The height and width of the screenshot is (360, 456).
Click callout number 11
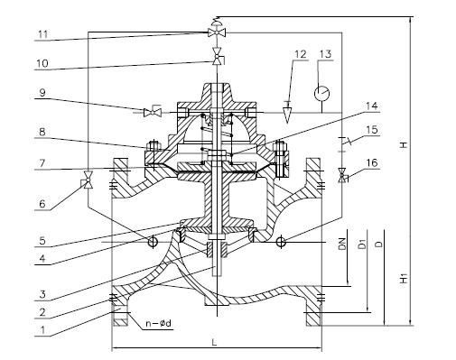[x=43, y=34]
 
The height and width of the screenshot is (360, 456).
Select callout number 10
[x=42, y=63]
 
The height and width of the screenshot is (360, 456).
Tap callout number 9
[x=42, y=92]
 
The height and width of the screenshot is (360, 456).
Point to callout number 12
[x=300, y=54]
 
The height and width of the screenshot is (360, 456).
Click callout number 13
[x=325, y=54]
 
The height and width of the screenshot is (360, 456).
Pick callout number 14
[x=372, y=106]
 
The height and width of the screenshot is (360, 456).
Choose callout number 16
[x=372, y=162]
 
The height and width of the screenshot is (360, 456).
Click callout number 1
[x=43, y=330]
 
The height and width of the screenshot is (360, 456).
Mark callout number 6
[x=42, y=204]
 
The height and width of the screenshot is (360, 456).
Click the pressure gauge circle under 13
[x=321, y=93]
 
